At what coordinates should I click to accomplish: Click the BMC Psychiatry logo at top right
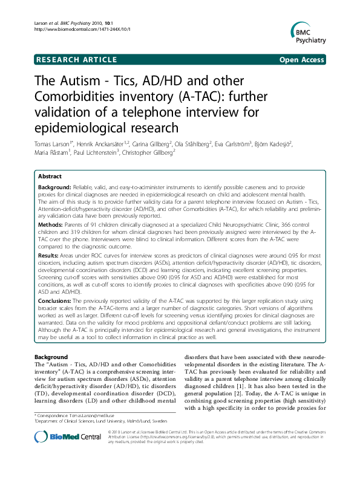coord(308,34)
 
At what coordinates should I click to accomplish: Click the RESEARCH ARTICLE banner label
coord(76,60)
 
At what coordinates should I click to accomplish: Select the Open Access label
coord(302,60)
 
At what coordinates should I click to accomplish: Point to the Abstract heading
coord(50,175)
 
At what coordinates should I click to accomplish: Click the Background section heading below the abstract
coord(51,357)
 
